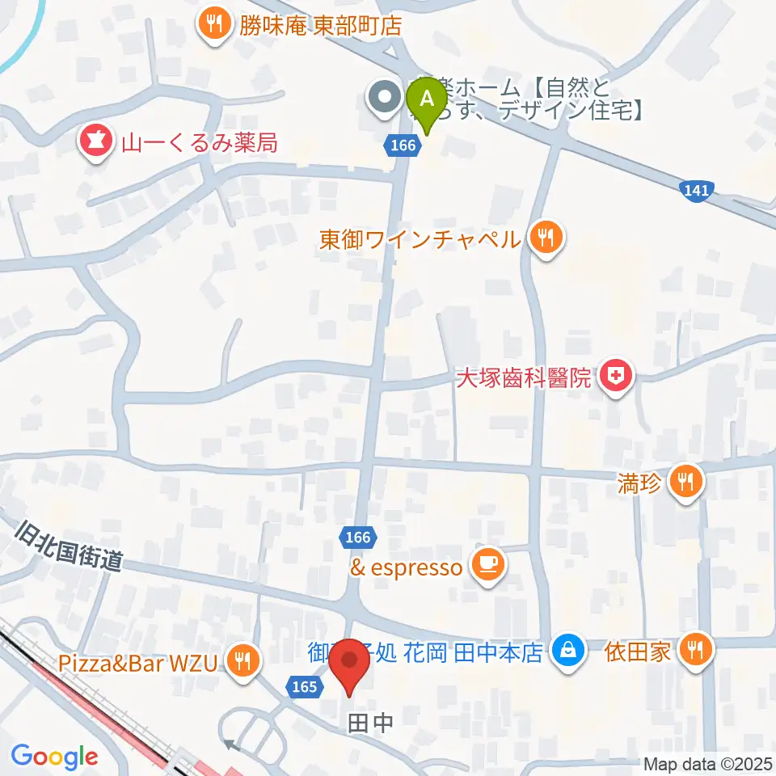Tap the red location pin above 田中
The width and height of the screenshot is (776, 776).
(x=350, y=662)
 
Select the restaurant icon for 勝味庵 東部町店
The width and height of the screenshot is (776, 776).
(x=213, y=24)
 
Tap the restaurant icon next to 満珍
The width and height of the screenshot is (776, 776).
(x=686, y=483)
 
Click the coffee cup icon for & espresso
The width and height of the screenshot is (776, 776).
(x=488, y=564)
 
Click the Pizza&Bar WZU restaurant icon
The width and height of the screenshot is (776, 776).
(x=241, y=661)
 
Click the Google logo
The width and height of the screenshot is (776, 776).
(x=54, y=757)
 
